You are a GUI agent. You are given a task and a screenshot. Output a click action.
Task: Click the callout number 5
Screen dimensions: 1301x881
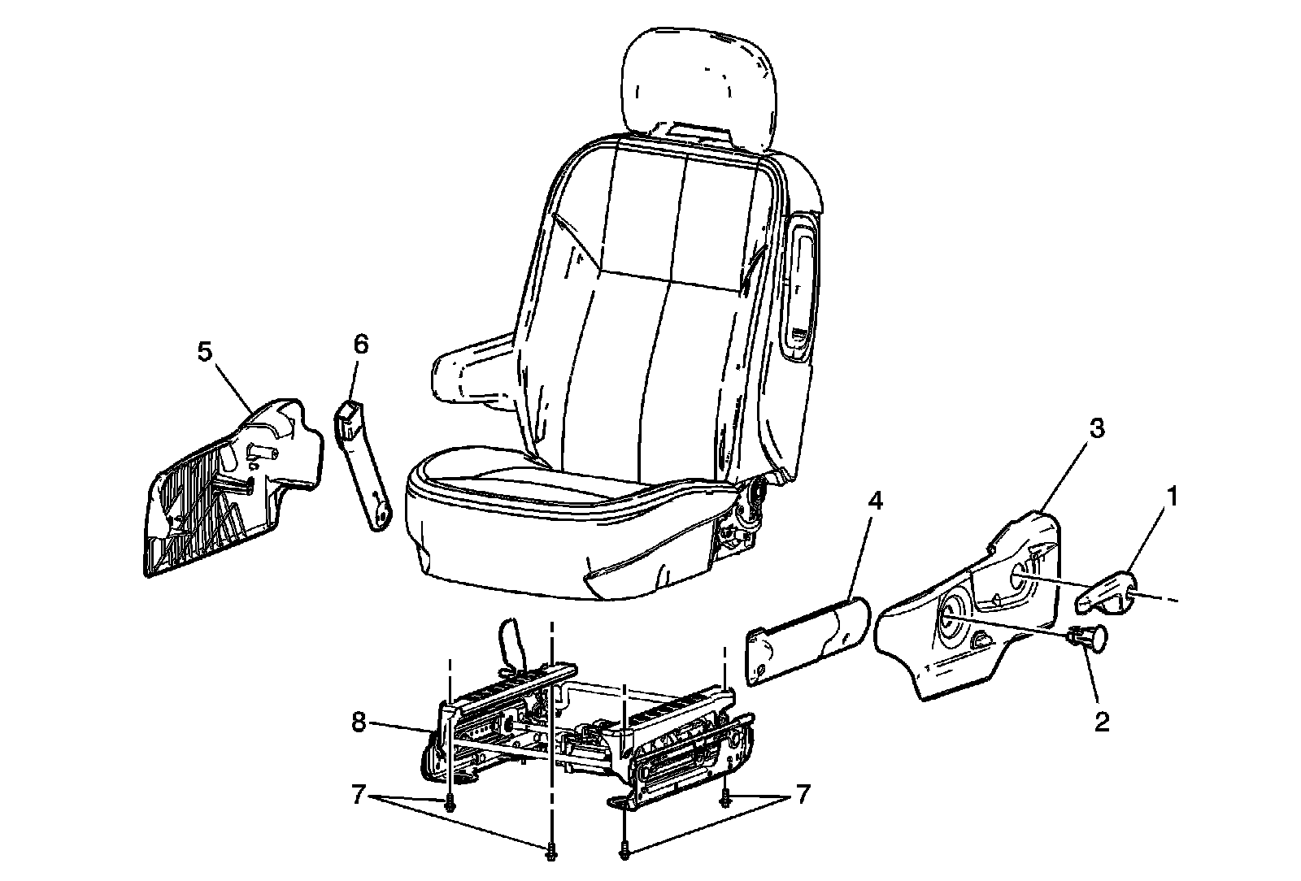(205, 352)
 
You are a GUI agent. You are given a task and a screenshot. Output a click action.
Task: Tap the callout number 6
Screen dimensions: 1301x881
(361, 345)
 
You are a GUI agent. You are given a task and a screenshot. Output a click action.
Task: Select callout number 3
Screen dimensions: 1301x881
(1097, 428)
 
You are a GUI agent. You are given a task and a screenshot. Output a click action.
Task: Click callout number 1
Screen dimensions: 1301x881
(1173, 497)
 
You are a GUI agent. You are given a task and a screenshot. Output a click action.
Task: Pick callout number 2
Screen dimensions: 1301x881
(1101, 722)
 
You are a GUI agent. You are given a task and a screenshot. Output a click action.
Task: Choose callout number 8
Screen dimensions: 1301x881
(359, 723)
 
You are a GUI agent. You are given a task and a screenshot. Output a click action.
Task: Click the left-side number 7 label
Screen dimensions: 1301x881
(359, 795)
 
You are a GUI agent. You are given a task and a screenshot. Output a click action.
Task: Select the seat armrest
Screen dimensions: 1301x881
(473, 371)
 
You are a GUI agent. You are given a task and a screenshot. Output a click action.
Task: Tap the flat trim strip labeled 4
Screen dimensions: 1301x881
(807, 641)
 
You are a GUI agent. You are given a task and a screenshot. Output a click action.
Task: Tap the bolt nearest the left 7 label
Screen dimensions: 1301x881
(450, 805)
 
